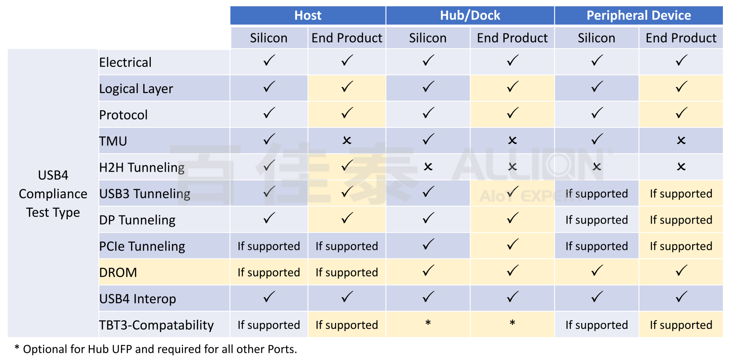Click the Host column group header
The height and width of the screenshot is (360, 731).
coord(308,15)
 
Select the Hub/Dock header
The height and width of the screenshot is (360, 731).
coord(470,15)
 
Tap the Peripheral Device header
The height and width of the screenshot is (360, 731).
coord(638,15)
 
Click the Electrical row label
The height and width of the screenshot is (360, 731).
coord(126,62)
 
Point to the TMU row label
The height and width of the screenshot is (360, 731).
coord(113,141)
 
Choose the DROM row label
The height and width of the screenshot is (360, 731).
coord(118,272)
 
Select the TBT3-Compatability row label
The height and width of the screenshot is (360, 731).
coord(156,325)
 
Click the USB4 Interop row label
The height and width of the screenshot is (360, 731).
coord(137,299)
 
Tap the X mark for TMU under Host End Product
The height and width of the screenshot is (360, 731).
coord(347,140)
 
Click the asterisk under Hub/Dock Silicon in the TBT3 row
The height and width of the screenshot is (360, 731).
coord(428,323)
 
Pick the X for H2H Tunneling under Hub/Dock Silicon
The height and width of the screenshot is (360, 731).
coord(428,167)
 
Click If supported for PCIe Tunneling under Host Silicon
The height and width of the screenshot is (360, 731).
coord(269,246)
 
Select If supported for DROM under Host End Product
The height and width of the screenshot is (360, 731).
coord(347,272)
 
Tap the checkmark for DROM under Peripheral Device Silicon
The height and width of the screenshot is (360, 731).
coord(596,271)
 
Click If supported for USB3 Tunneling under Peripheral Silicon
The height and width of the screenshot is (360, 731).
coord(596,193)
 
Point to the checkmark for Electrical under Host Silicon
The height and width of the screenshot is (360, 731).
coord(269,61)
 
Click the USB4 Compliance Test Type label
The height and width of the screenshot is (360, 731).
coord(53,194)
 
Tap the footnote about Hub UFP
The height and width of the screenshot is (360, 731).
coord(156,349)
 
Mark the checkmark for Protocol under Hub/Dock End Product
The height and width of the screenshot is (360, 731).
coord(512,113)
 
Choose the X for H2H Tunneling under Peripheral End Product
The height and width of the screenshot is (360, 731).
coord(681,167)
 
